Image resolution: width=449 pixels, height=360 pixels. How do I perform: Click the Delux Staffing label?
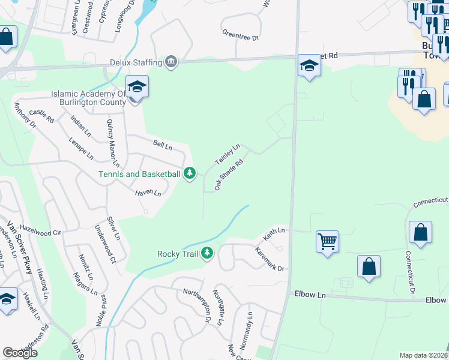coord(136,62)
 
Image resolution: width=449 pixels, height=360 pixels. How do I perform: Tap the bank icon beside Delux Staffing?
coord(172,62)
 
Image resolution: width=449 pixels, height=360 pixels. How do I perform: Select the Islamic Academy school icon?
coord(137,88)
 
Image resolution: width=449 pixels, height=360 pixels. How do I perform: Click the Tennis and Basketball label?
coord(140,174)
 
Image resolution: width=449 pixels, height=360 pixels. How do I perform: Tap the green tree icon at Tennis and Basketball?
coord(190,173)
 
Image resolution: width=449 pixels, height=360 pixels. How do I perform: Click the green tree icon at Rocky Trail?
coord(207,253)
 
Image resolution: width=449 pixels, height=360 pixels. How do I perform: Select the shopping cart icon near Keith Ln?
coord(327,242)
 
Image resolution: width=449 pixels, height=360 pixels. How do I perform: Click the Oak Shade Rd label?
coord(229,175)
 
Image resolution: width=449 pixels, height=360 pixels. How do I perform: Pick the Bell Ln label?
coord(163,145)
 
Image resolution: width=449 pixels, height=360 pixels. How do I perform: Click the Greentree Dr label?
coord(240,37)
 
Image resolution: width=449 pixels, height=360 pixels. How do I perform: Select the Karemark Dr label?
coord(268,259)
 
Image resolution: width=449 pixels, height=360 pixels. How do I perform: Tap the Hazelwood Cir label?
coord(40,230)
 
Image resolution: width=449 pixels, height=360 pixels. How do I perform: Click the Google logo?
coord(20,353)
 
